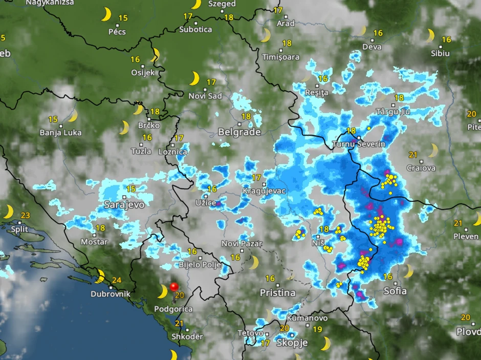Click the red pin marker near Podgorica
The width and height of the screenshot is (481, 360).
click(x=174, y=287)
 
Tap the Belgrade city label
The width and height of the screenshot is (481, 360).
click(x=239, y=132)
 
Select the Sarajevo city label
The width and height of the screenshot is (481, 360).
click(x=124, y=204)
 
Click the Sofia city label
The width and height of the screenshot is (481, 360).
click(x=395, y=291)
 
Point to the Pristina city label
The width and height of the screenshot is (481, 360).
click(x=278, y=293)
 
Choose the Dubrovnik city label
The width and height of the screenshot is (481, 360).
click(x=110, y=294)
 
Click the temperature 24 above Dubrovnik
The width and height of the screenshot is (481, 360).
click(x=116, y=280)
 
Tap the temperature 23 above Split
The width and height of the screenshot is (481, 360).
click(x=26, y=216)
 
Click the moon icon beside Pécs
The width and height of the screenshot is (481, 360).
click(x=106, y=14)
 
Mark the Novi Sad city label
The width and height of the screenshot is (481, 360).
click(x=205, y=96)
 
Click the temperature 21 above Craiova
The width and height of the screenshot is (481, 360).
click(x=413, y=155)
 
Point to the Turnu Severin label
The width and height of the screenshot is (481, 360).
click(x=359, y=144)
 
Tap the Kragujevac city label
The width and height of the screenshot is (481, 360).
click(x=265, y=191)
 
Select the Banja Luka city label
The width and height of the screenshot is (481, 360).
click(x=60, y=133)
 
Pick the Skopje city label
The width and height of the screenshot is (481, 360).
click(x=292, y=343)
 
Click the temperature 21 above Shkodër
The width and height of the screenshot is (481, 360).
click(x=179, y=323)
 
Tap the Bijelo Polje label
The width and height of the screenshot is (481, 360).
click(x=199, y=265)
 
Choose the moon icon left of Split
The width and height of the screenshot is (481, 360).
click(x=8, y=211)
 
